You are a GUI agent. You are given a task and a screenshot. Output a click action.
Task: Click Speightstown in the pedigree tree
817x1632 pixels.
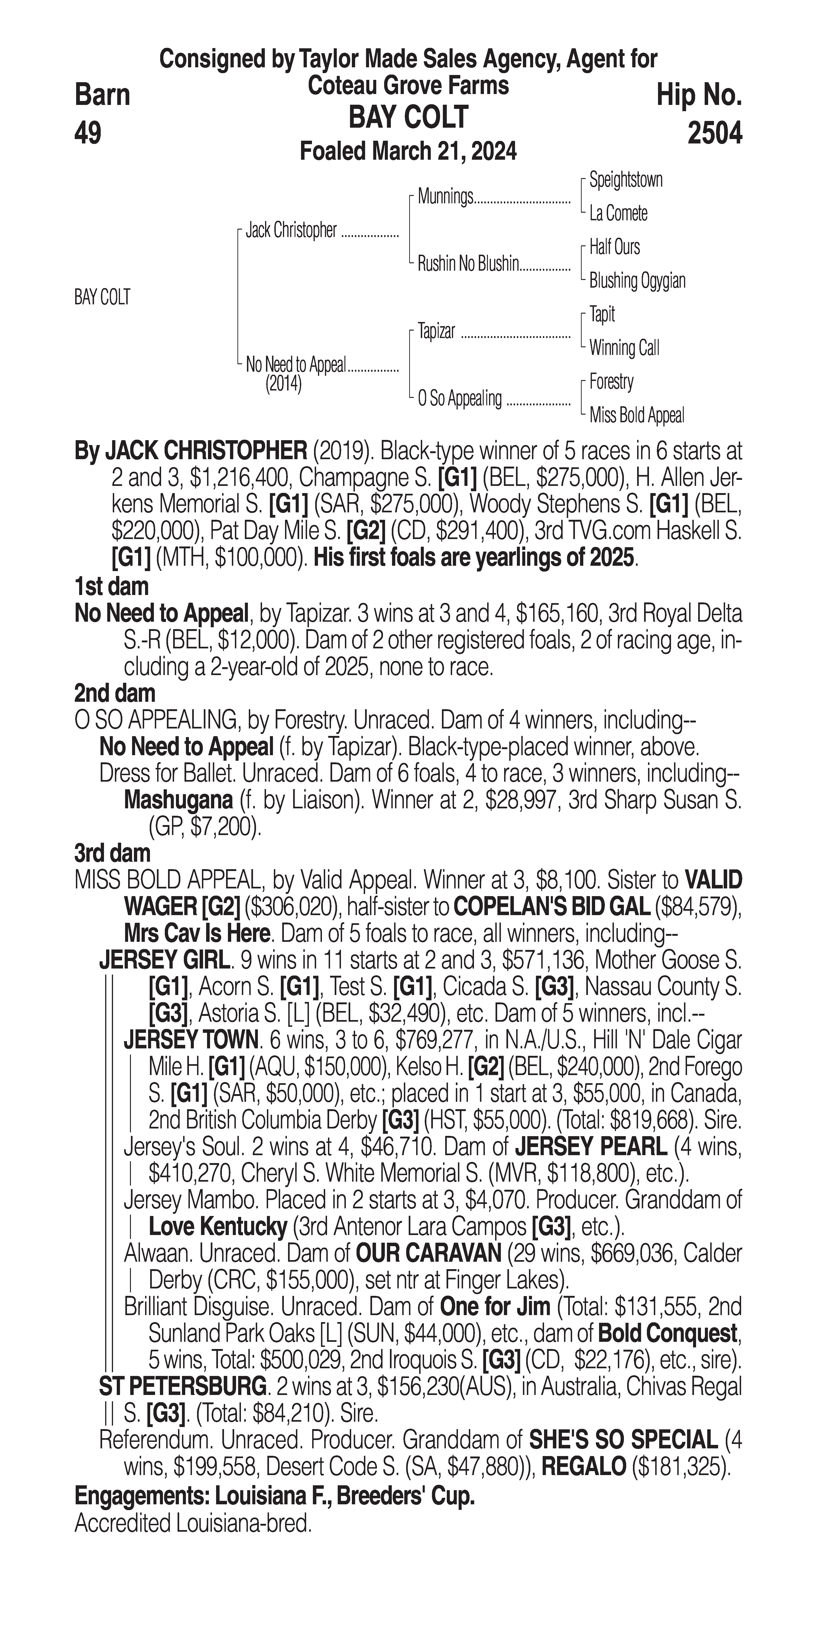click(x=626, y=180)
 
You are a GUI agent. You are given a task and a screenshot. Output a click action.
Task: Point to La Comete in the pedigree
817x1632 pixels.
click(x=618, y=214)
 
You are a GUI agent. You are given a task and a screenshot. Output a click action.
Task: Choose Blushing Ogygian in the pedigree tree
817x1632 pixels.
click(x=637, y=281)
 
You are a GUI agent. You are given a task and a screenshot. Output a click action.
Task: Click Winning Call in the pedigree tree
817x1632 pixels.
click(x=624, y=348)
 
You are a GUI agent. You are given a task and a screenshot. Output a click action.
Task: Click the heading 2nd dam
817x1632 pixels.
click(x=115, y=694)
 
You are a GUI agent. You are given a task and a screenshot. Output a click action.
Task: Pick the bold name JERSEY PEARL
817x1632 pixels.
click(x=591, y=1146)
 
